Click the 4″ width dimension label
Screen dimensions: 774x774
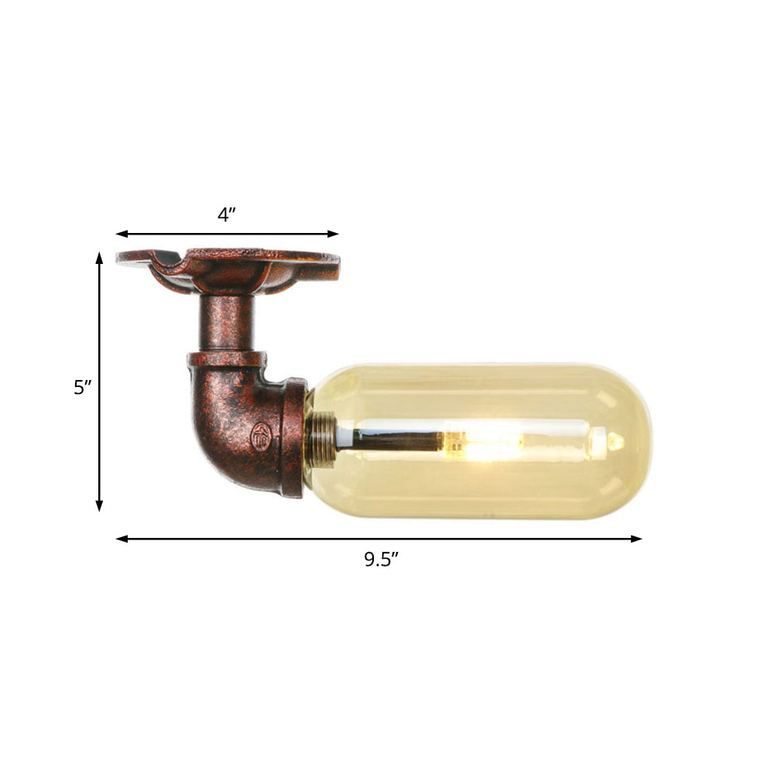pos(226,214)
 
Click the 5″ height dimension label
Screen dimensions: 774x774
pos(83,387)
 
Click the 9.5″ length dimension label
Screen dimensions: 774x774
pos(381,560)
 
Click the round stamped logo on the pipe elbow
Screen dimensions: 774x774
pos(260,437)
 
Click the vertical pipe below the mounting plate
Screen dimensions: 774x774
pos(226,321)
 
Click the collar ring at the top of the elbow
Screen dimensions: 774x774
pos(226,360)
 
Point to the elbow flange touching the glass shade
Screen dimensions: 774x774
pos(293,437)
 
